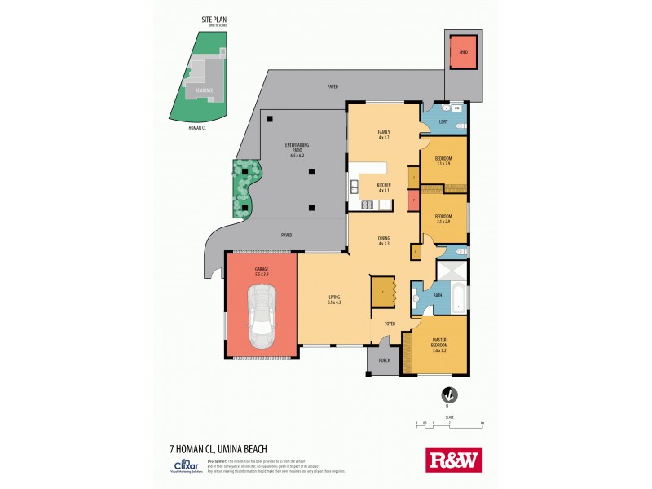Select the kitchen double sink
[355, 189]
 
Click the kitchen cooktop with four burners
[385, 204]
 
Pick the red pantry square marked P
[414, 200]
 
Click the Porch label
[383, 360]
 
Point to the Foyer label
[390, 324]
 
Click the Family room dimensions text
[384, 137]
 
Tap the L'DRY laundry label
[443, 121]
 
